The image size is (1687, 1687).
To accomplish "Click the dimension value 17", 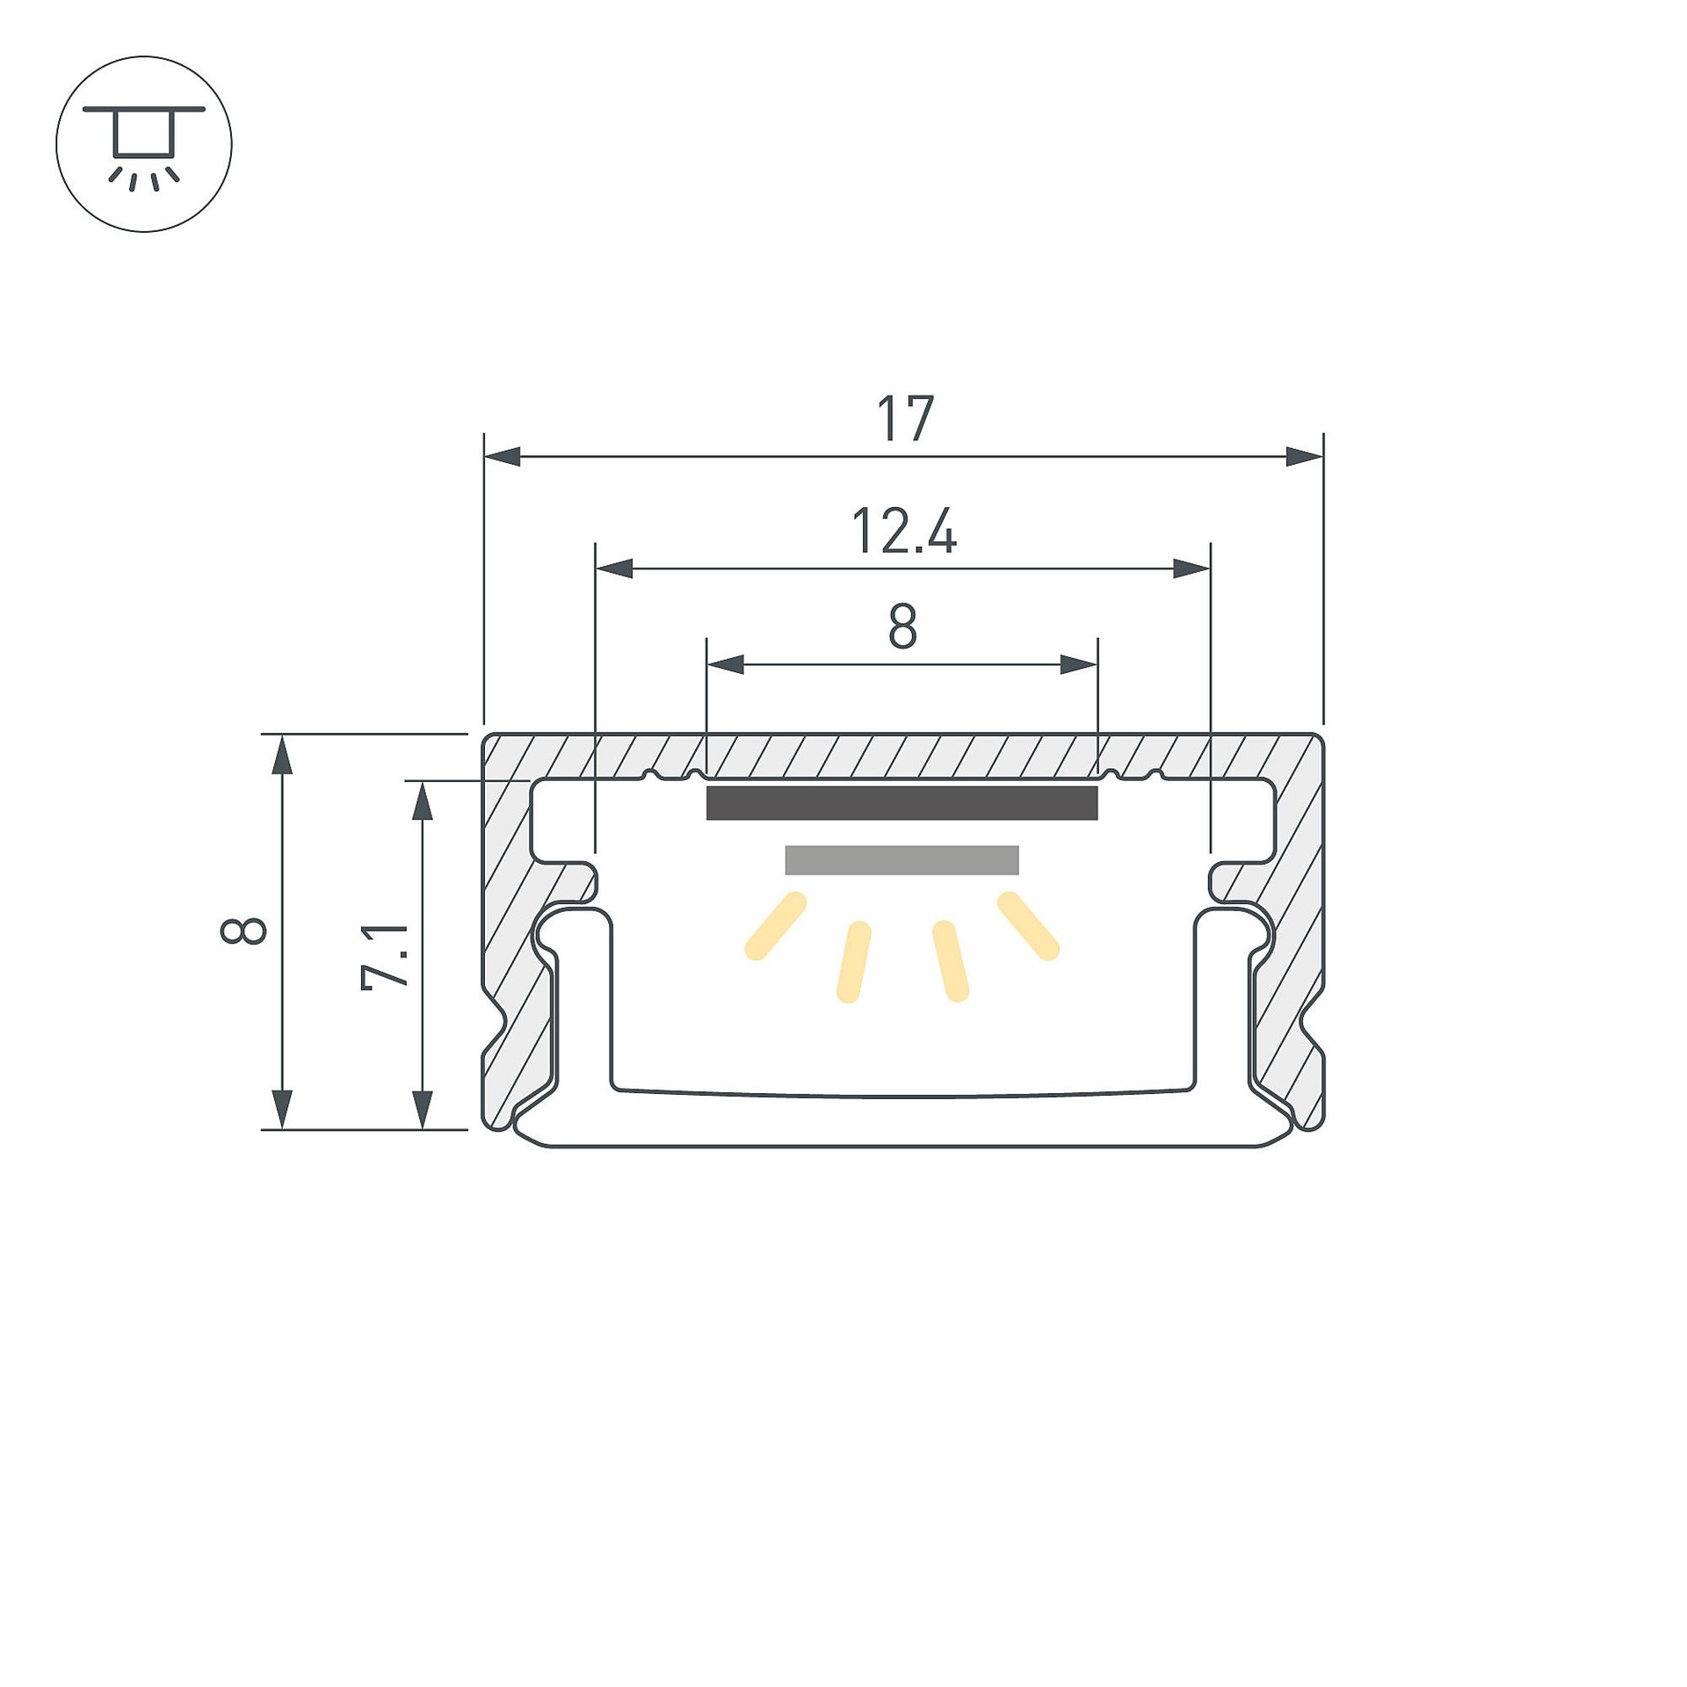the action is click(905, 420).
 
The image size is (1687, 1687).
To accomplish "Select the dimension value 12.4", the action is click(904, 532).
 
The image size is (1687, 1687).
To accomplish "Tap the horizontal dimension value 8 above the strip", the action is click(903, 626).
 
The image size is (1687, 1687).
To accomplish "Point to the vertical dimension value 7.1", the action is click(386, 956).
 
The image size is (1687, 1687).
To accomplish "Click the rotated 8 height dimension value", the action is click(243, 930).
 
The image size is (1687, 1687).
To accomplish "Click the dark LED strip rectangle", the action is click(902, 803).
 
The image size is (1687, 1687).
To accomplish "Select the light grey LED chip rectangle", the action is click(902, 860).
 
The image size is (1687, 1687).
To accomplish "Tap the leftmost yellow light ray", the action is click(775, 926).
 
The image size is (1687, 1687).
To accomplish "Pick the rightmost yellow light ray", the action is click(1029, 926).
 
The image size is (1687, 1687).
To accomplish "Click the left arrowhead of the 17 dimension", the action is click(503, 457).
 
